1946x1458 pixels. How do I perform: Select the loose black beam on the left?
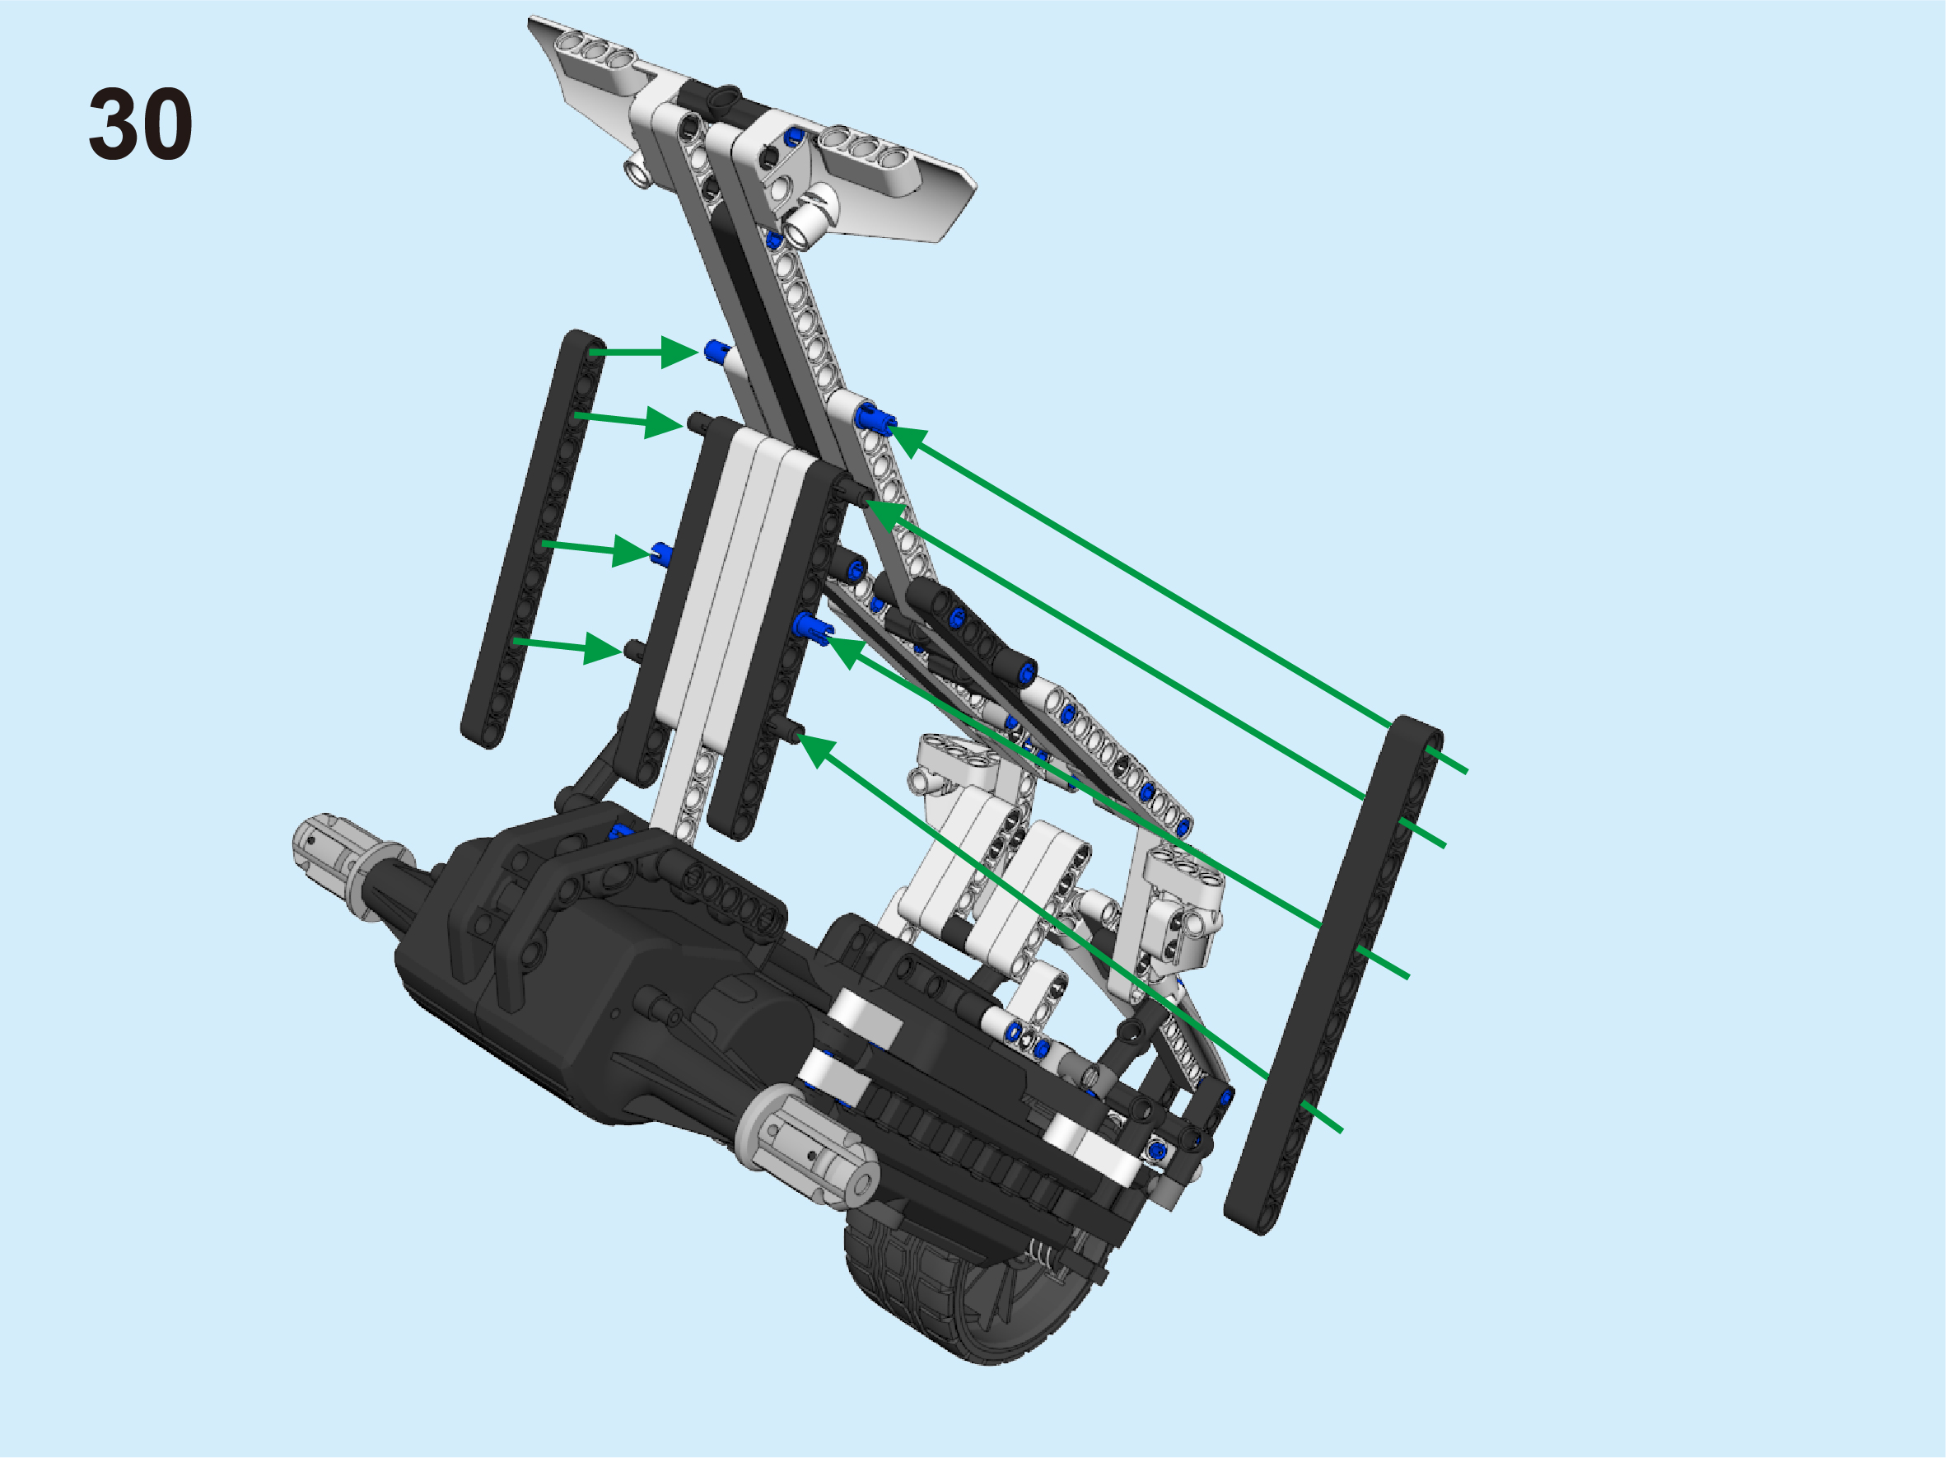(x=534, y=540)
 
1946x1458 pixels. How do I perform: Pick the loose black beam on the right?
(x=1333, y=975)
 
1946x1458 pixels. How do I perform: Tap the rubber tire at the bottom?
(x=959, y=1293)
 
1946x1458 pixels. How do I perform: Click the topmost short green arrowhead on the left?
(x=680, y=352)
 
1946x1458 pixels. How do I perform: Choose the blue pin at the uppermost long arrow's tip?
(x=874, y=418)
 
